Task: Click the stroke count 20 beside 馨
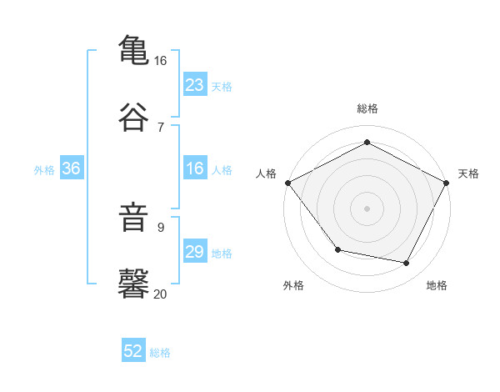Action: pos(161,294)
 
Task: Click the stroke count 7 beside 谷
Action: pos(161,127)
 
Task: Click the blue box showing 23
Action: pos(194,85)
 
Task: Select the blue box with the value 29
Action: pos(194,252)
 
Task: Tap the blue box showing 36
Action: pos(71,168)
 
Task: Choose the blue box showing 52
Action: pos(133,352)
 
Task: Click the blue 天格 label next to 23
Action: pos(221,87)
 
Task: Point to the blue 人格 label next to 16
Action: pos(221,170)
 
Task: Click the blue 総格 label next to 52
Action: pos(160,353)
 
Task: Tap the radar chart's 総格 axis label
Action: pos(367,108)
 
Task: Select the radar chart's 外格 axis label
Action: pos(293,285)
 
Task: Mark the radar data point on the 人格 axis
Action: pos(287,182)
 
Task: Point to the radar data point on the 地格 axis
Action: pos(407,263)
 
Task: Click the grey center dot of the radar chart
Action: pos(367,208)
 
